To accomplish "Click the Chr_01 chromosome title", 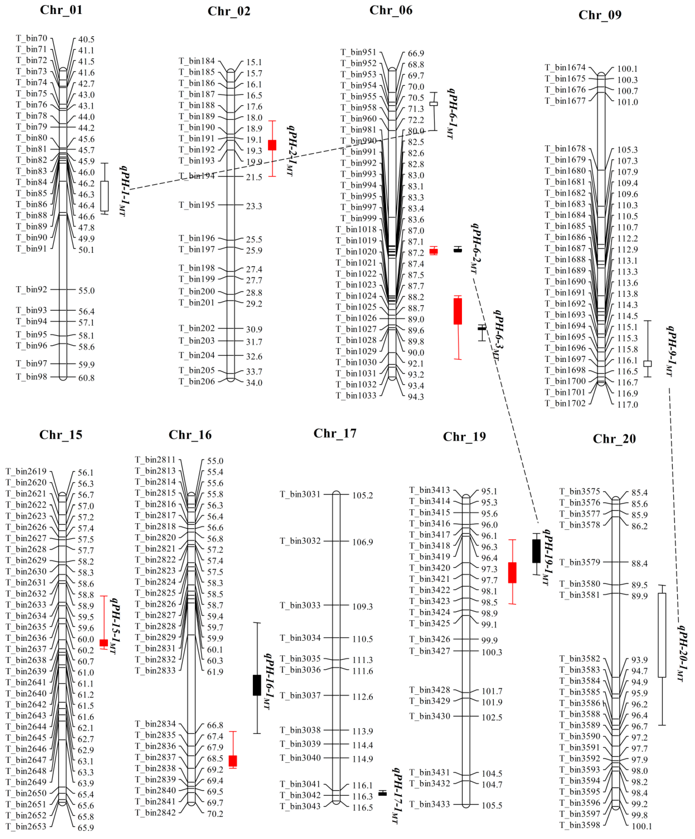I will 61,10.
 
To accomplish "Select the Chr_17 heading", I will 335,434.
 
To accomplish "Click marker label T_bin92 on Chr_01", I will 32,289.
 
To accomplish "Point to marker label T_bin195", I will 197,205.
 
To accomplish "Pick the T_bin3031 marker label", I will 300,494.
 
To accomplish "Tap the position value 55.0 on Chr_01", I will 86,290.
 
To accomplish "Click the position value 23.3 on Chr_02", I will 254,206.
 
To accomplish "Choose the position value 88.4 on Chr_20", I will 639,563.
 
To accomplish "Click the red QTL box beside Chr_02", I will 272,145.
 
